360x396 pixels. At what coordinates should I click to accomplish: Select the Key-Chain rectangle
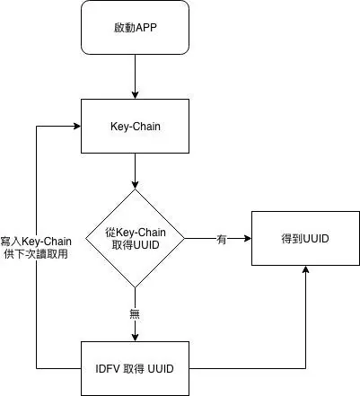pyautogui.click(x=134, y=126)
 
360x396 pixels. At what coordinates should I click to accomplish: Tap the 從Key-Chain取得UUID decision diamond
pyautogui.click(x=134, y=238)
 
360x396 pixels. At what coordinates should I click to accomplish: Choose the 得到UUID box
pyautogui.click(x=306, y=239)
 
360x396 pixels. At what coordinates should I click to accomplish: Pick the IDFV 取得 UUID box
pyautogui.click(x=134, y=369)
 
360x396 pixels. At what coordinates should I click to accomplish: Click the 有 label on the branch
pyautogui.click(x=221, y=239)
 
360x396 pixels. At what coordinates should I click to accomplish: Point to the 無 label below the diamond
pyautogui.click(x=134, y=312)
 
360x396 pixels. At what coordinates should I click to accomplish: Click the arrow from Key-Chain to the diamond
pyautogui.click(x=134, y=170)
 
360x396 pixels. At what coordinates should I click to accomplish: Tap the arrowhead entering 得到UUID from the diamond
pyautogui.click(x=248, y=239)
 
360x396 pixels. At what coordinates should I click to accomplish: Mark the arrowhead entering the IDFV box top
pyautogui.click(x=134, y=338)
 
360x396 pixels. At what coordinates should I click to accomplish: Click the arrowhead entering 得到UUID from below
pyautogui.click(x=306, y=269)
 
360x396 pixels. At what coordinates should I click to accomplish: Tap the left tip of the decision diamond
pyautogui.click(x=84, y=239)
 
